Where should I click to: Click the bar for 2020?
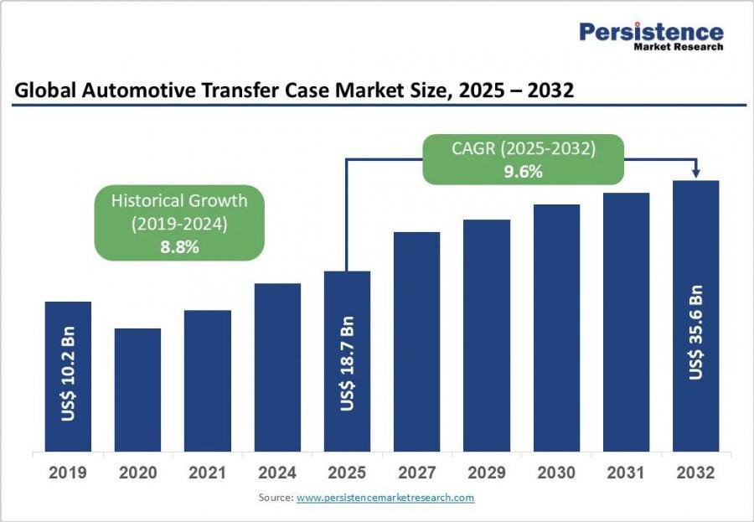[137, 390]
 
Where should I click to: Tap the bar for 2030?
[556, 328]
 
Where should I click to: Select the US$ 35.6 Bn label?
[696, 333]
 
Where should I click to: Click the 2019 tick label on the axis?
[68, 473]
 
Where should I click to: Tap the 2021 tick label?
[207, 473]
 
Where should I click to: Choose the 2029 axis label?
[487, 473]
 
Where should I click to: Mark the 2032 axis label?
[696, 473]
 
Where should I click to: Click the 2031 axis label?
[626, 473]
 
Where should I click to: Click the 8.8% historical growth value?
[178, 247]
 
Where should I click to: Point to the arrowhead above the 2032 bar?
[695, 173]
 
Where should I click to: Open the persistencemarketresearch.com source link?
[385, 498]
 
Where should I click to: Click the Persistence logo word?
[651, 32]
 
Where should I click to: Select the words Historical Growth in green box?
[178, 200]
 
